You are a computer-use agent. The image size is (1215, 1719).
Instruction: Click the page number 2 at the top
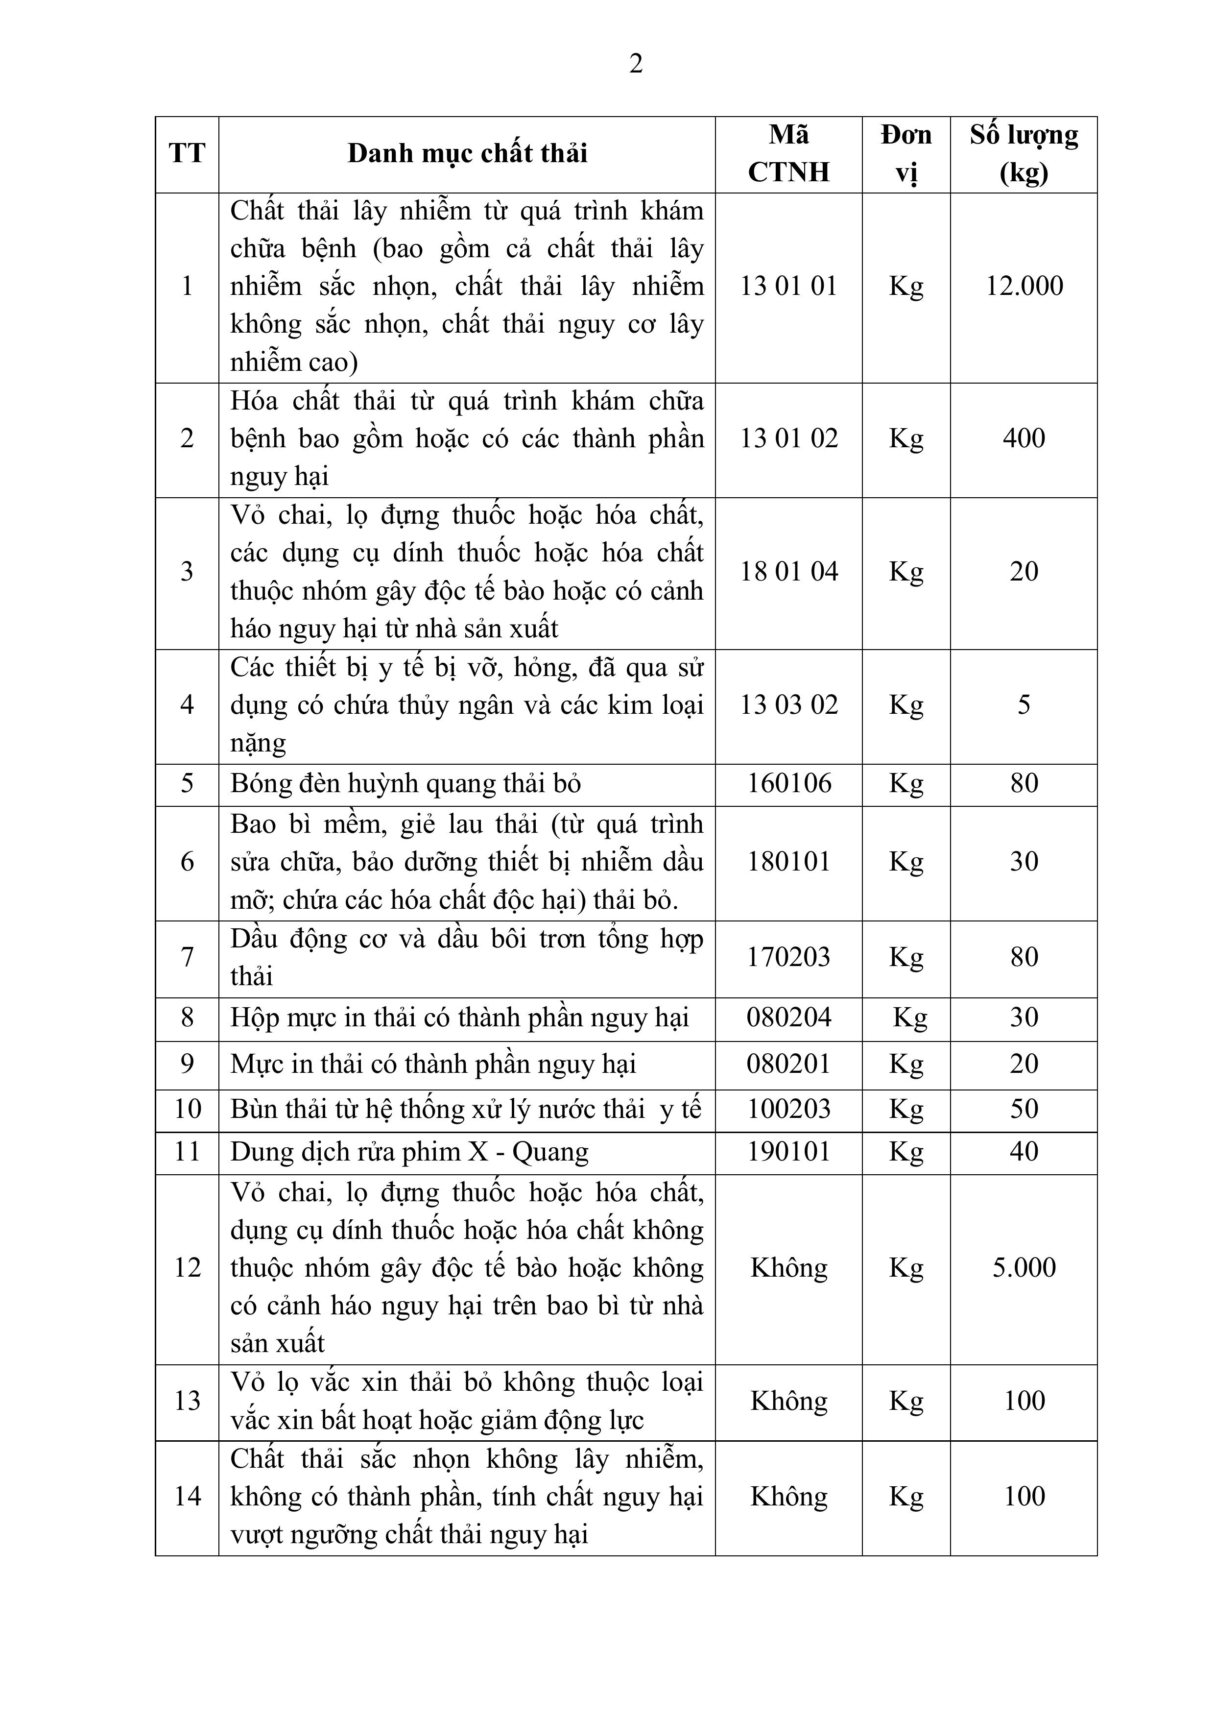636,64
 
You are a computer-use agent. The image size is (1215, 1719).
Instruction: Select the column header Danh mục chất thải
467,153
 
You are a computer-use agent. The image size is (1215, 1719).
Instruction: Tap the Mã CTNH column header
788,153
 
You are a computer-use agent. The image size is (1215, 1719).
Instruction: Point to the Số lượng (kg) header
1024,153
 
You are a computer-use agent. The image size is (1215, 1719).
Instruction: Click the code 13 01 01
788,286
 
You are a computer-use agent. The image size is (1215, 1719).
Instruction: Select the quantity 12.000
1024,286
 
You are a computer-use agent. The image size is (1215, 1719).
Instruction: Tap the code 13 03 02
788,704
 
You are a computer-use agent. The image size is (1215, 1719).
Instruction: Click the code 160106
789,784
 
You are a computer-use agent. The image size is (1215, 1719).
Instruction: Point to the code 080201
789,1064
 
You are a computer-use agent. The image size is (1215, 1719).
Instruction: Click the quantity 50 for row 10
1024,1109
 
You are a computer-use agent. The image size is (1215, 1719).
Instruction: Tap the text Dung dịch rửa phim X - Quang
409,1152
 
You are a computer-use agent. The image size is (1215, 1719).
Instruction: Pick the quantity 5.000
1024,1267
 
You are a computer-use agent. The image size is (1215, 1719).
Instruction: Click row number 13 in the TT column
187,1401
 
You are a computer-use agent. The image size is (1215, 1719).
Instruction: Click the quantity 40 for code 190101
1024,1152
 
